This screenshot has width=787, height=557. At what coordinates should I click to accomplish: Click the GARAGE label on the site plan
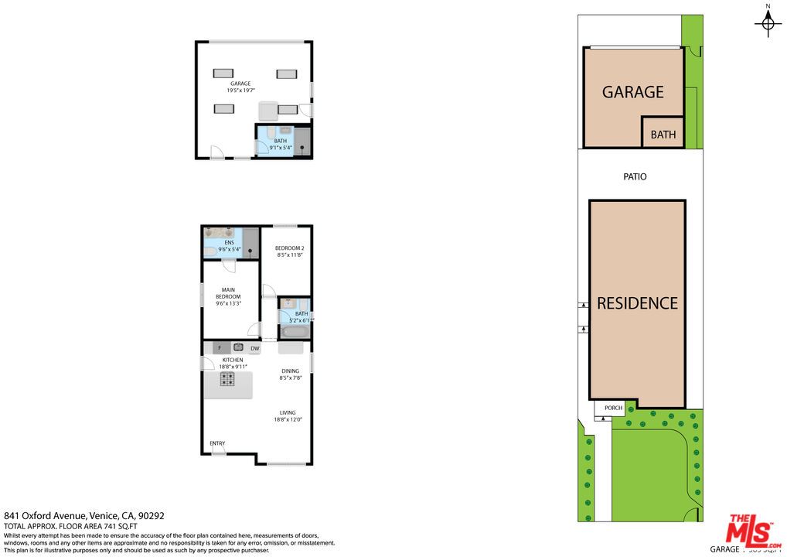click(632, 92)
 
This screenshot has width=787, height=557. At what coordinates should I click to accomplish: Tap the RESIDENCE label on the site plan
click(637, 303)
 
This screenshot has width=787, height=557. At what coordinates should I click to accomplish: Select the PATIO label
click(635, 176)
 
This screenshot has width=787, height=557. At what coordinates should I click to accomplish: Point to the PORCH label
click(613, 408)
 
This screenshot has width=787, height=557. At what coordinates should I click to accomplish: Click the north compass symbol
click(767, 23)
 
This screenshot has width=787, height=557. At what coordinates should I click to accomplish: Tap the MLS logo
click(750, 531)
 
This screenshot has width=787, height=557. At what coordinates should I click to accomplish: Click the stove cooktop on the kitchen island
click(228, 379)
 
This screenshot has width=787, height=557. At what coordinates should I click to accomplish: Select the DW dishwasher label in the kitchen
click(254, 349)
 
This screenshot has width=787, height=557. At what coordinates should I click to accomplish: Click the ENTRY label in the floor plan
click(217, 443)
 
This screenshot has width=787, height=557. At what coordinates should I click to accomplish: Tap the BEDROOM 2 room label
click(288, 248)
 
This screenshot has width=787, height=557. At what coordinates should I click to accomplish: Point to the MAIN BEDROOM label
click(228, 293)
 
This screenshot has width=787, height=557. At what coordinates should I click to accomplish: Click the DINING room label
click(290, 371)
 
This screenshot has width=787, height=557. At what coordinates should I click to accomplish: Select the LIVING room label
click(288, 412)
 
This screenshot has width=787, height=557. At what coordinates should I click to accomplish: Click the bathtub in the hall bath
click(295, 332)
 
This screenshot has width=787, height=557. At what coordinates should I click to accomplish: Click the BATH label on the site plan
click(663, 135)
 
